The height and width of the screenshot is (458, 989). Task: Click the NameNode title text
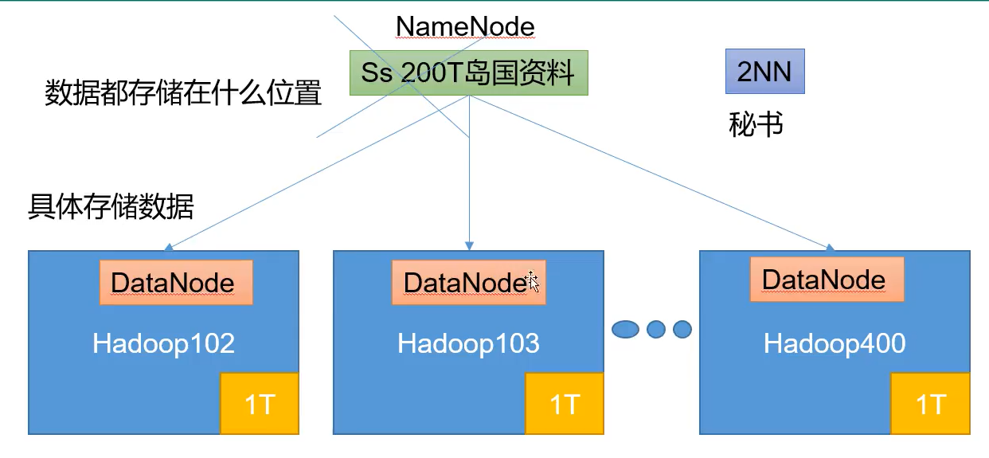point(465,26)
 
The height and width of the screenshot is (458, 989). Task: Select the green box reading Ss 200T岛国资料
point(468,73)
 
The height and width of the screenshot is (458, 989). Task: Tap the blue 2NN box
point(764,72)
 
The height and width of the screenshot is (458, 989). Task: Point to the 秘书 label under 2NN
point(756,124)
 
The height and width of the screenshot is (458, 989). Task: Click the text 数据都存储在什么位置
point(183,94)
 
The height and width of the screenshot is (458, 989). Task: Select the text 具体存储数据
point(111,206)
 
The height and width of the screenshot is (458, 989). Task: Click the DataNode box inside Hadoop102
point(176,283)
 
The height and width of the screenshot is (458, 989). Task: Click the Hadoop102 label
point(163,343)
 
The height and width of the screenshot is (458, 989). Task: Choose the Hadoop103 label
point(468,343)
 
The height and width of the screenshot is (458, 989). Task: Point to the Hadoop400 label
point(835,343)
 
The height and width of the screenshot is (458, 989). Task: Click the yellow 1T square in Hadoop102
point(260,404)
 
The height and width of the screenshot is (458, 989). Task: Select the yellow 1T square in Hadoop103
point(565,404)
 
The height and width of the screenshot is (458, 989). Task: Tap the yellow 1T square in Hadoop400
point(930,404)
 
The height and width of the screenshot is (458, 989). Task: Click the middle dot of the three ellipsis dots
point(656,328)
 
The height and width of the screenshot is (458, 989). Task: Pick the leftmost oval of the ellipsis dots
point(626,328)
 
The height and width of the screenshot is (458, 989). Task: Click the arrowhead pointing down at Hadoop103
point(470,246)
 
